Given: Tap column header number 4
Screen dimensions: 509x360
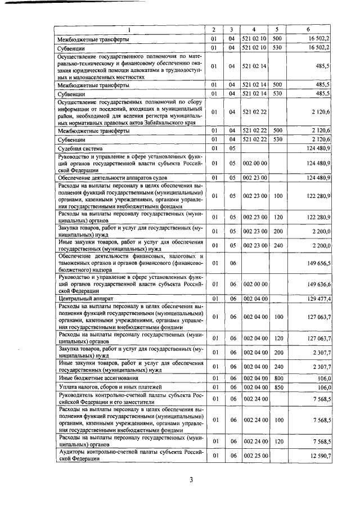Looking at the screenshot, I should tap(254, 29).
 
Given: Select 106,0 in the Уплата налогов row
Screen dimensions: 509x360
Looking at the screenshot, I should tap(321, 388).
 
